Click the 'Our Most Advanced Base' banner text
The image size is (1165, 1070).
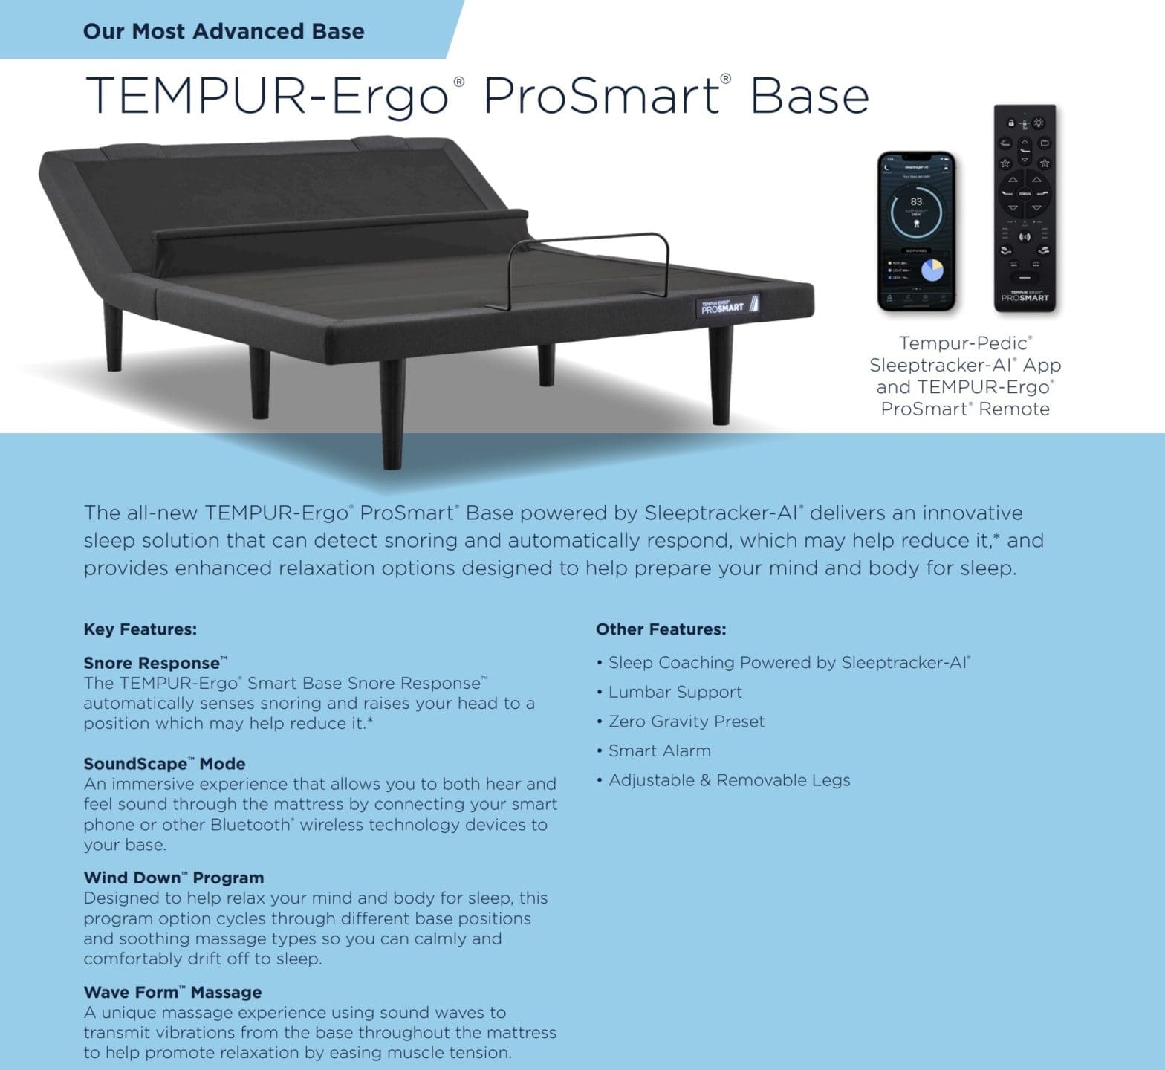(x=224, y=31)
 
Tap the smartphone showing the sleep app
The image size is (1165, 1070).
(x=916, y=231)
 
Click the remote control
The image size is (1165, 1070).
(x=1025, y=208)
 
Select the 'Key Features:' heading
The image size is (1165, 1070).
(x=140, y=629)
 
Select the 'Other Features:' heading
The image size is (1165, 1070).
(x=661, y=629)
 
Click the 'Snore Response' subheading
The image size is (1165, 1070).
(x=152, y=663)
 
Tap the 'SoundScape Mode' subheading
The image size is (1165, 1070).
(x=164, y=764)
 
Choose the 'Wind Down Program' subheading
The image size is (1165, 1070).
(x=173, y=878)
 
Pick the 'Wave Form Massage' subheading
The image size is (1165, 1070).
(x=172, y=992)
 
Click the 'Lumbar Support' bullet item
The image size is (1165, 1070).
(x=675, y=692)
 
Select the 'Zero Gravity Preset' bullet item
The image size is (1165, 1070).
(x=686, y=722)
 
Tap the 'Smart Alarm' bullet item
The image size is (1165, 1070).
(x=659, y=750)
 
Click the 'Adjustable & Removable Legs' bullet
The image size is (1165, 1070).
(x=729, y=780)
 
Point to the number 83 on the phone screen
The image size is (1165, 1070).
(x=916, y=201)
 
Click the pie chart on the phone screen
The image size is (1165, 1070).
(x=932, y=270)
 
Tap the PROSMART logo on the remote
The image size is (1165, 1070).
(x=1025, y=297)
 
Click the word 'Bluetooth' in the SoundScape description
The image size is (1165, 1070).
(x=250, y=825)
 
